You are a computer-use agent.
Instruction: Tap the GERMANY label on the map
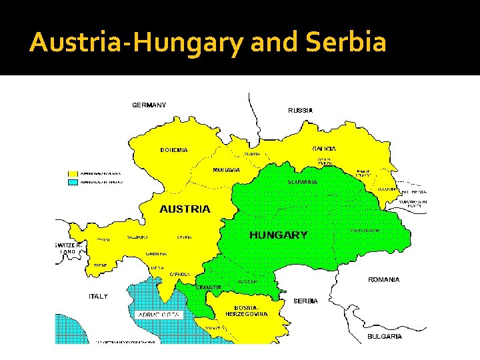[149, 105]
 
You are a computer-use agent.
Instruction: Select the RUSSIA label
[300, 110]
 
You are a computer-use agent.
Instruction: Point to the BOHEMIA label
[174, 150]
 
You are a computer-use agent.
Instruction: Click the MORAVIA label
[227, 170]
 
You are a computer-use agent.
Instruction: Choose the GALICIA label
[324, 148]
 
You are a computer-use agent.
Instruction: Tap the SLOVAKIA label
[302, 182]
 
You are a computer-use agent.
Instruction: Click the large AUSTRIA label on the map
[185, 209]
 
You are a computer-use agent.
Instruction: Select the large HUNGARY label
[278, 235]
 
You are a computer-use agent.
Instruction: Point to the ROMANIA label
[384, 280]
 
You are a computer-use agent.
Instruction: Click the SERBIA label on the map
[306, 301]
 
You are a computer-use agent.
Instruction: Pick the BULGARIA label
[385, 337]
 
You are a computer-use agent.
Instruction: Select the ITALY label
[98, 296]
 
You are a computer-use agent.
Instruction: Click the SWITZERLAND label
[68, 249]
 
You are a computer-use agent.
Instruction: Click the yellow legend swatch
[73, 173]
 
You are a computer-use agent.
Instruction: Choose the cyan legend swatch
[73, 181]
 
